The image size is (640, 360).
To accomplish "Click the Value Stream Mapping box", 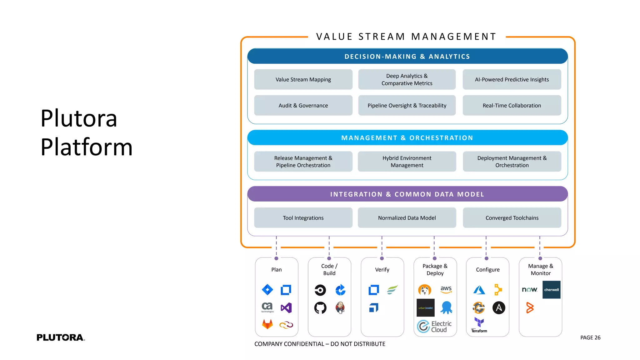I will [x=303, y=79].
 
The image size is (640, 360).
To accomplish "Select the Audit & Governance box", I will [x=303, y=105].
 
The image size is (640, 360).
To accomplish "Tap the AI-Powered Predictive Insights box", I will [x=512, y=79].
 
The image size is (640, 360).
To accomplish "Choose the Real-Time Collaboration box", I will [x=512, y=105].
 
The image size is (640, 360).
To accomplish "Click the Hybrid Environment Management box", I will [x=407, y=162].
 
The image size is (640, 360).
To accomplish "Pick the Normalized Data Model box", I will [x=407, y=218].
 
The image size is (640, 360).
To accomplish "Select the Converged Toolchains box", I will [x=512, y=218].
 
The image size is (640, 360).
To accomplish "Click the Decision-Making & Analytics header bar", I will [x=407, y=57].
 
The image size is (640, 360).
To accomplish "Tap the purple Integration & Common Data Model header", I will [x=407, y=194].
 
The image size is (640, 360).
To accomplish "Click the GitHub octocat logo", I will [x=320, y=308].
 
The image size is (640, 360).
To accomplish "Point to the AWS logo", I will [x=446, y=289].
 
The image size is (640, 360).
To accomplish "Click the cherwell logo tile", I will [x=551, y=290].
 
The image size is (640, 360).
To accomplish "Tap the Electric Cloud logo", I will [x=434, y=326].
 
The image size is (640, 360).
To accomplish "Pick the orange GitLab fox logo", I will [x=267, y=324].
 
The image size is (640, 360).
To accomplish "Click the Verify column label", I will [x=382, y=269].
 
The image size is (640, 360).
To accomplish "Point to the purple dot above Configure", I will [x=486, y=258].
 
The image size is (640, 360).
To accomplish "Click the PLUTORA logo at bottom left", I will [x=61, y=337].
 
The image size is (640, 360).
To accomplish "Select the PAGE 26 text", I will [x=590, y=337].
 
